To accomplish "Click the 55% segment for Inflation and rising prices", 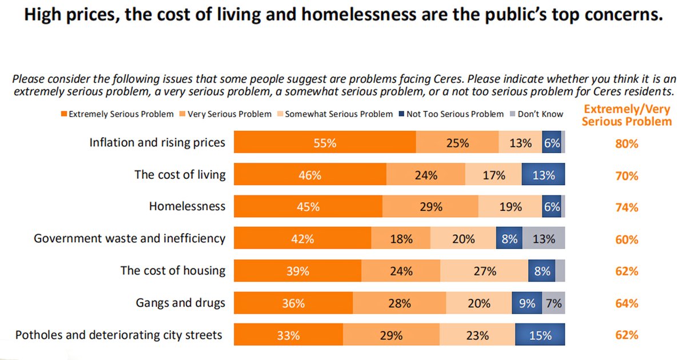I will tap(325, 143).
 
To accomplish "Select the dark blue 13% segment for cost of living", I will tap(543, 175).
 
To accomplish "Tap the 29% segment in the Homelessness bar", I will tap(430, 207).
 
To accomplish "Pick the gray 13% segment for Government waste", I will tap(543, 239).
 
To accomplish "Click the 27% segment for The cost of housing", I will tap(485, 271).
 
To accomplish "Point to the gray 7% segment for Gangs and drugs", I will tap(553, 303).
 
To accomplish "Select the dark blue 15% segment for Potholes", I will tap(540, 335).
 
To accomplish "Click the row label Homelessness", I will tap(187, 207).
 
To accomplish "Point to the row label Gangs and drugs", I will tap(180, 303).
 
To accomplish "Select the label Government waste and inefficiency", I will tap(129, 239).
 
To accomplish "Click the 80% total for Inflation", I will tap(627, 144).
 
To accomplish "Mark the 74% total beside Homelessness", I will tap(627, 207).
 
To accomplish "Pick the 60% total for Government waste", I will tap(627, 239).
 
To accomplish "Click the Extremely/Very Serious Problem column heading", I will tap(627, 115).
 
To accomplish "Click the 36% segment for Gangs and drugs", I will tap(293, 303).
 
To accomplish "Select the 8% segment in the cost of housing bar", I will tap(542, 271).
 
